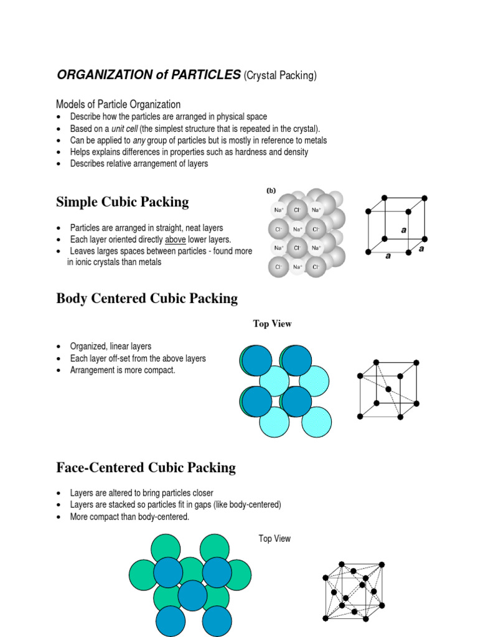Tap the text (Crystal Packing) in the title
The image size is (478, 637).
click(x=281, y=76)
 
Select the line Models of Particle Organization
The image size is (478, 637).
click(x=118, y=105)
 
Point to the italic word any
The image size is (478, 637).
click(x=139, y=141)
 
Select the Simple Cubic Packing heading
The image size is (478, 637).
click(x=123, y=202)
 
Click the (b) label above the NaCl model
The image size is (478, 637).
click(x=271, y=191)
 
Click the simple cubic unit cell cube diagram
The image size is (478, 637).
click(x=396, y=225)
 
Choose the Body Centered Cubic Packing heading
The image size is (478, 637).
click(x=147, y=299)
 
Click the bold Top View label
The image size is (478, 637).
click(x=272, y=323)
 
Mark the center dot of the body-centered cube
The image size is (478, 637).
click(x=388, y=389)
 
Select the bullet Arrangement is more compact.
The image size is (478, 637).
click(x=123, y=370)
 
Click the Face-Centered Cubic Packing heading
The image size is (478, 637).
click(x=146, y=468)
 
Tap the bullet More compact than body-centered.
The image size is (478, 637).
click(x=129, y=517)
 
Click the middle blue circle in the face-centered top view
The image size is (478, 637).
click(x=192, y=595)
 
